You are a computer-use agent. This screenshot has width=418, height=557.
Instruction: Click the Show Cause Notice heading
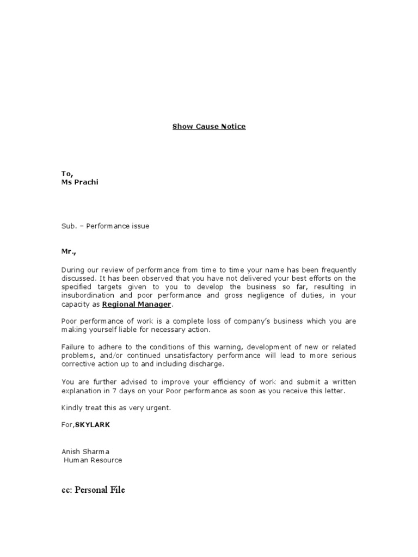coord(209,127)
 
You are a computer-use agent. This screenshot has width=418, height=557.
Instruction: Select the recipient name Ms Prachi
coord(79,182)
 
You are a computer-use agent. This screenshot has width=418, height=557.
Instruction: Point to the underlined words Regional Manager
coord(137,304)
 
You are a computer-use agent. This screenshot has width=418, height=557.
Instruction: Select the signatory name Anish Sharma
coord(85,451)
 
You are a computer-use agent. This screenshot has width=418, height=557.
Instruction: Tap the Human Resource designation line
coord(93,460)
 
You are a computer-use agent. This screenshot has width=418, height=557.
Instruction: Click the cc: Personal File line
coord(93,490)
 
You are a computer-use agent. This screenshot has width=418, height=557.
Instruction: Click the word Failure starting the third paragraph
coord(73,347)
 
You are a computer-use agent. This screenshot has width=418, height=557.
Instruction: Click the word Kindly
coord(72,407)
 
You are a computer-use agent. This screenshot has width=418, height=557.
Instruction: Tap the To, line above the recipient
coord(66,174)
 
